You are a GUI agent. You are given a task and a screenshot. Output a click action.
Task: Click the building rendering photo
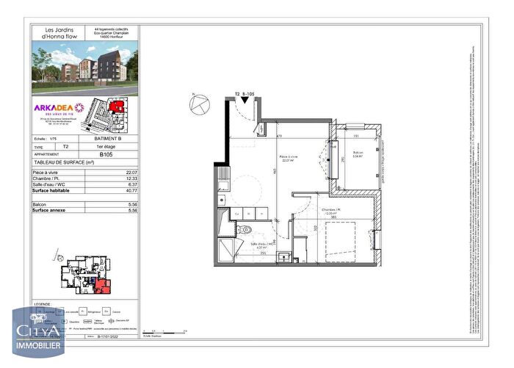click(x=84, y=68)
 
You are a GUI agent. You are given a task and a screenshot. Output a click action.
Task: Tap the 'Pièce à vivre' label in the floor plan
click(x=288, y=157)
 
